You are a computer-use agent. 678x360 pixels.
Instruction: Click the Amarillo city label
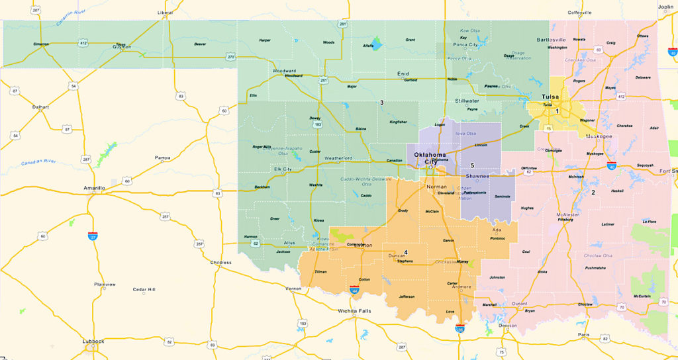pyautogui.click(x=94, y=189)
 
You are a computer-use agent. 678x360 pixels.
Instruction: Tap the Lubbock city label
pyautogui.click(x=93, y=341)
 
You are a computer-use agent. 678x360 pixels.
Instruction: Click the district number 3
pyautogui.click(x=381, y=103)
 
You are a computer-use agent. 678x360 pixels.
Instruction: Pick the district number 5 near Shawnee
pyautogui.click(x=473, y=165)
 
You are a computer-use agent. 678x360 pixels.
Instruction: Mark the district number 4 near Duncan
pyautogui.click(x=406, y=253)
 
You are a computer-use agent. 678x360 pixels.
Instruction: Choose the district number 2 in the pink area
pyautogui.click(x=593, y=193)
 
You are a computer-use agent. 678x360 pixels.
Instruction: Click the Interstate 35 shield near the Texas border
pyautogui.click(x=460, y=328)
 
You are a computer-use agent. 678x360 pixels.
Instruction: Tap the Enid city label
pyautogui.click(x=403, y=73)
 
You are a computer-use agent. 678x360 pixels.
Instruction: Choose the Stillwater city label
pyautogui.click(x=467, y=101)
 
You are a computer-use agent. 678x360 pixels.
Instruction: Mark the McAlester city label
pyautogui.click(x=568, y=214)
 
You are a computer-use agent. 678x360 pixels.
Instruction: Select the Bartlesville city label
pyautogui.click(x=552, y=40)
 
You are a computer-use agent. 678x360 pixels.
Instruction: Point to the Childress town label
pyautogui.click(x=220, y=263)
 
